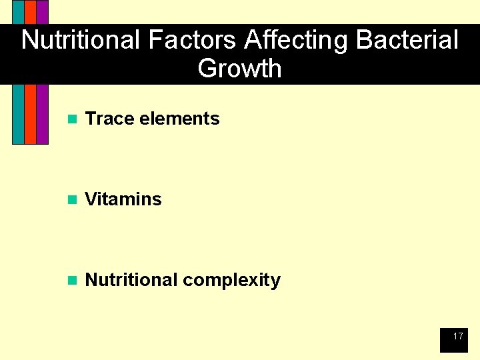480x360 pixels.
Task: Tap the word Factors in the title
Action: tap(191, 40)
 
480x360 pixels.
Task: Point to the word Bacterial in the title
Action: tap(407, 40)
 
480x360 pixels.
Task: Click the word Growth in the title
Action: tap(239, 69)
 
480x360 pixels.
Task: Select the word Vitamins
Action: tap(123, 199)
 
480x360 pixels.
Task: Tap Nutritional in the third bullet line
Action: tap(131, 280)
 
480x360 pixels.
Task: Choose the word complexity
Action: tap(231, 281)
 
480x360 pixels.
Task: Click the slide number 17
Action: tap(457, 337)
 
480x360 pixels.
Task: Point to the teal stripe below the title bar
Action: tap(18, 113)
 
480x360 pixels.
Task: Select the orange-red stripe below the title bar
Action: tap(30, 113)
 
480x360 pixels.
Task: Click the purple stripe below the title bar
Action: tap(42, 113)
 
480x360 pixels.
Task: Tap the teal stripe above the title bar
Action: tap(18, 12)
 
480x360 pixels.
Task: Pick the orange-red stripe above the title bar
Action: tap(30, 12)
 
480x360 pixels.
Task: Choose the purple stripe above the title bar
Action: tap(42, 12)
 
